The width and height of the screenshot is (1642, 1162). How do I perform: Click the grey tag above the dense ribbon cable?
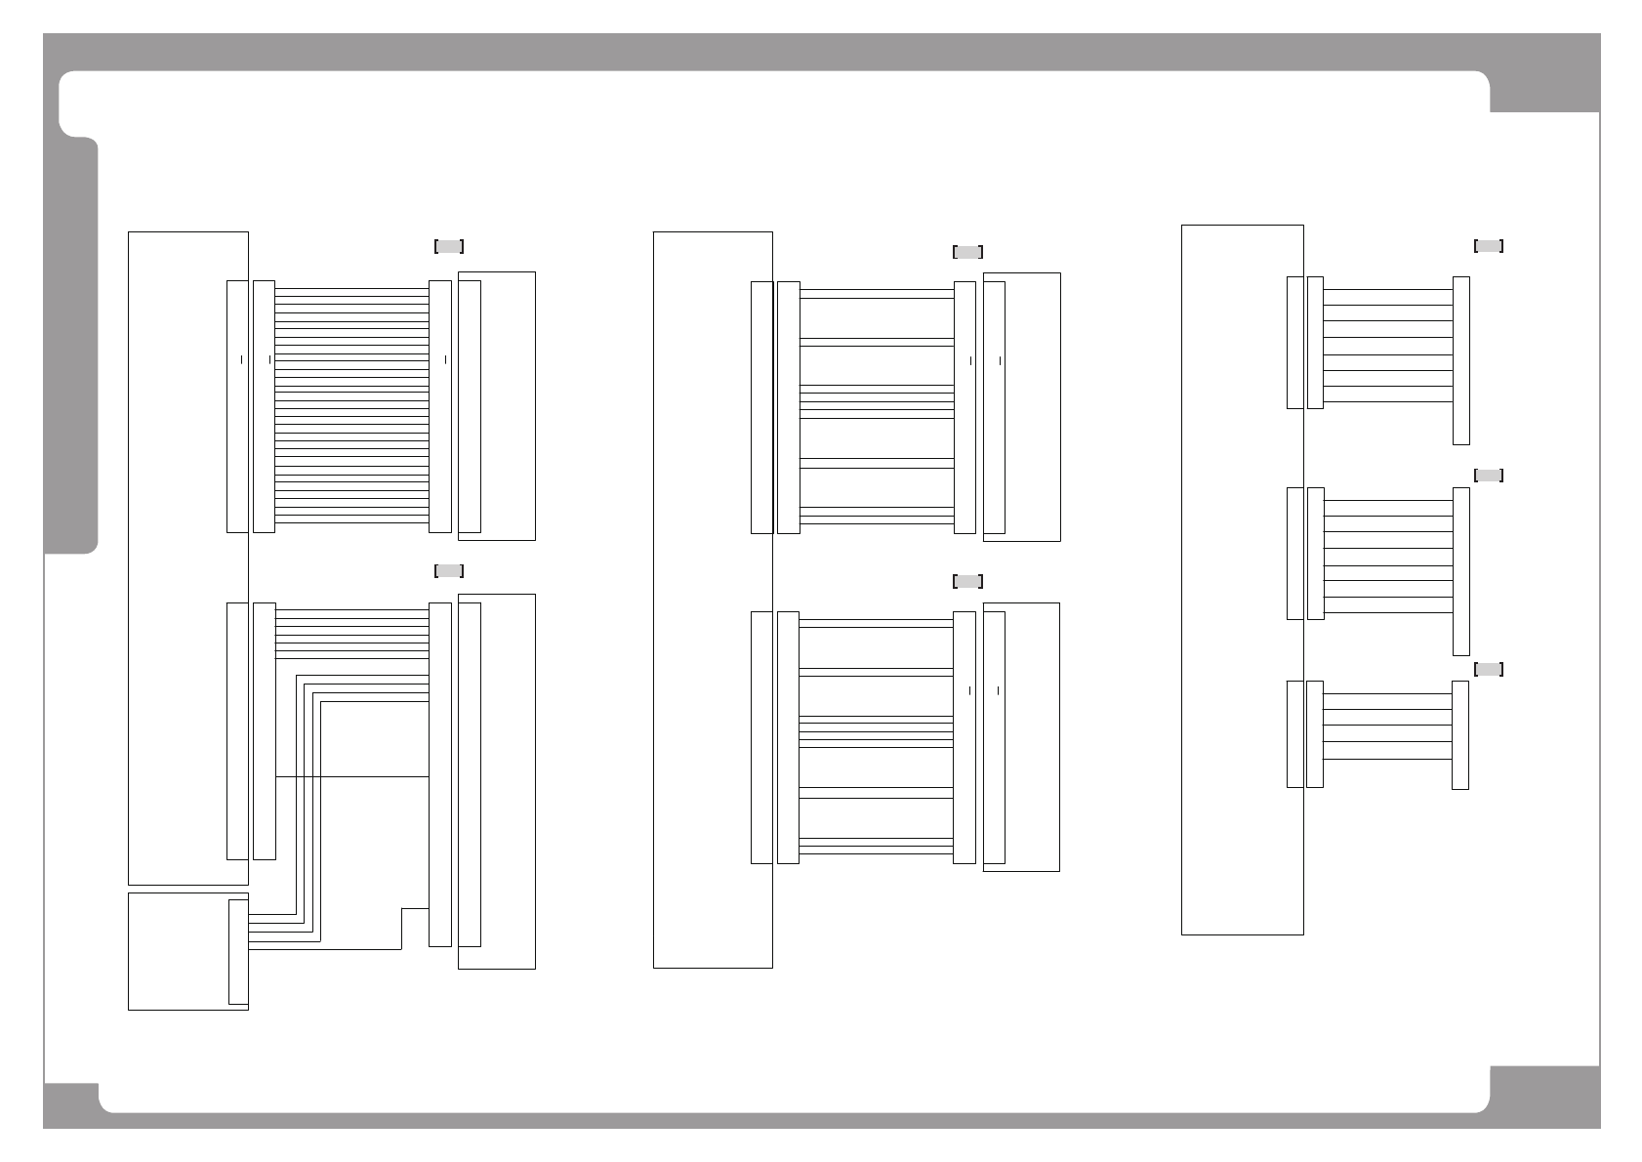pos(448,246)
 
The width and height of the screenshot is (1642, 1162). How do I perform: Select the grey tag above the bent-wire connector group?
pos(448,570)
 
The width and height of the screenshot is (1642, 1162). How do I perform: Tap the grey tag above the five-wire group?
pos(1488,669)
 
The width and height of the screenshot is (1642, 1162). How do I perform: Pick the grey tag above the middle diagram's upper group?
pos(966,252)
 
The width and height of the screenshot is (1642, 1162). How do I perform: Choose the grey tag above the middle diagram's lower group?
pos(966,581)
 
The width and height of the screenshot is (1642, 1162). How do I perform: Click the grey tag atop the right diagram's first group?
pos(1488,246)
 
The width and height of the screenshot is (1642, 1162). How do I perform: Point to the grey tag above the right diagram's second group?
pos(1488,476)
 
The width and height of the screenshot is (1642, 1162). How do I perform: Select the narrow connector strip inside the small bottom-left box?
pos(238,951)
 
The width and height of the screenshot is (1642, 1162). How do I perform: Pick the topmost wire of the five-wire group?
pos(1387,694)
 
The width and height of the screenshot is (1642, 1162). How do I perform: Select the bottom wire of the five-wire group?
pos(1387,759)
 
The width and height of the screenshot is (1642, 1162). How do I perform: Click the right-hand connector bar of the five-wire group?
pos(1460,734)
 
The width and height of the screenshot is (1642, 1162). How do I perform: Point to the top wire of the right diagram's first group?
pos(1387,290)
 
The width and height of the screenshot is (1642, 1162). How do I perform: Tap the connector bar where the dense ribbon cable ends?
pos(440,406)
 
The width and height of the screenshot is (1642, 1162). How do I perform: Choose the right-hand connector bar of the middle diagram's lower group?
pos(965,737)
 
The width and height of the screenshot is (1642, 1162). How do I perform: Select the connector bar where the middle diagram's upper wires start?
pos(789,407)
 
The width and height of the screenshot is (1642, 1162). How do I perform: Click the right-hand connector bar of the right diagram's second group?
pos(1461,571)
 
